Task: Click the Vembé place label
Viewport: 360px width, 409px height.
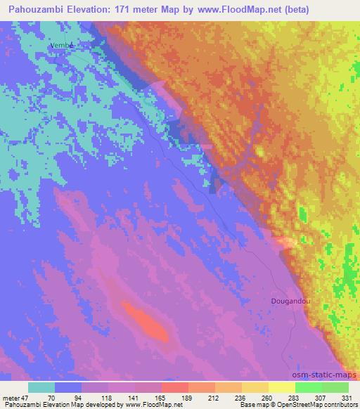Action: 62,45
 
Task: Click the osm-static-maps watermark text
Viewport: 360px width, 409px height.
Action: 326,377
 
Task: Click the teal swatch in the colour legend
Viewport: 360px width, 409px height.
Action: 41,387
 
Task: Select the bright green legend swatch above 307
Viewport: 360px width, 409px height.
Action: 309,387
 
